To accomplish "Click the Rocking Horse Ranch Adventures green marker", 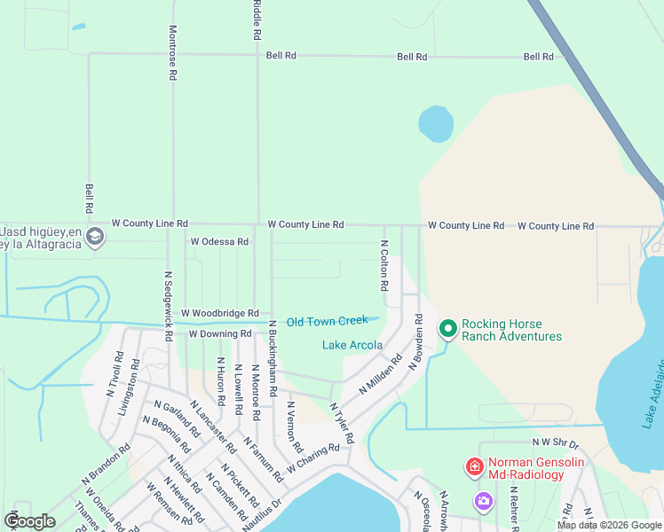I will coord(448,330).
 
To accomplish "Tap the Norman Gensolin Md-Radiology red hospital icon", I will coord(475,466).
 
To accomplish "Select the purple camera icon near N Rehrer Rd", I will coord(483,501).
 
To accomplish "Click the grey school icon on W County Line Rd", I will coord(95,237).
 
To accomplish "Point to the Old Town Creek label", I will coord(327,321).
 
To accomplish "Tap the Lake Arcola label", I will coord(352,345).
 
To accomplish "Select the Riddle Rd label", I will coord(257,20).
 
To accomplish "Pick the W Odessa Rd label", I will coord(219,241).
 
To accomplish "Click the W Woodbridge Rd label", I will coord(219,313).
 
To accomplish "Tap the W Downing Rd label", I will coord(220,334).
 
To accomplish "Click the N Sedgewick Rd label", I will coord(167,306).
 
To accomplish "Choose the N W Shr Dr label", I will coord(555,442).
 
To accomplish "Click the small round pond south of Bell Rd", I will coord(435,124).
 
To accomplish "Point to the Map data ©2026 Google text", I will coord(608,525).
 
